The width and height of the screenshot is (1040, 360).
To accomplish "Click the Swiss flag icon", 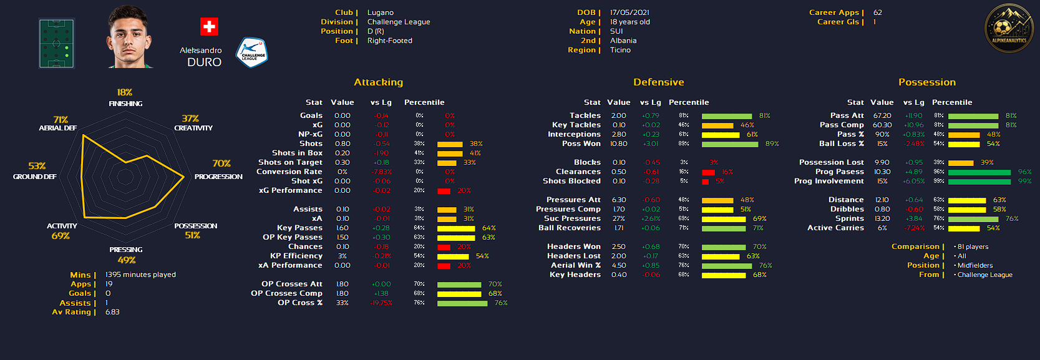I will [209, 27].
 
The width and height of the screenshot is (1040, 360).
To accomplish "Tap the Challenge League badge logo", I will [251, 53].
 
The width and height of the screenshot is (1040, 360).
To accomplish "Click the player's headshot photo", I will [130, 37].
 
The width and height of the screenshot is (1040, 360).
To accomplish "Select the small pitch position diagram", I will [57, 43].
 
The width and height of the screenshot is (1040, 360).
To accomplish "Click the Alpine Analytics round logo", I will [1008, 29].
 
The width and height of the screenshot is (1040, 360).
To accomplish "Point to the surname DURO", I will [205, 62].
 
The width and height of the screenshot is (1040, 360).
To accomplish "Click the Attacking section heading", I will [378, 82].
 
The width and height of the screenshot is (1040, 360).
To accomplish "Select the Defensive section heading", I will [658, 82].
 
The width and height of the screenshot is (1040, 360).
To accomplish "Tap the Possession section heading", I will [926, 82].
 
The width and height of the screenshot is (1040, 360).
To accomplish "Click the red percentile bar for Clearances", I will [708, 172].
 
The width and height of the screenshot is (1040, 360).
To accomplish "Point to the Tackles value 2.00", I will [618, 115].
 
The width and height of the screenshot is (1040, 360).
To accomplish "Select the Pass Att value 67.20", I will [882, 115].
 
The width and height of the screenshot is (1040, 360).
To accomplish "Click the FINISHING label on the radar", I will [125, 104].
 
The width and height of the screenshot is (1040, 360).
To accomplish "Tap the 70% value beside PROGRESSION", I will [221, 163].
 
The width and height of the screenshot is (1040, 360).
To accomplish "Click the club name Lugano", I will [381, 12].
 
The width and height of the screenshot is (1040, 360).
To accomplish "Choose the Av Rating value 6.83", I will [112, 312].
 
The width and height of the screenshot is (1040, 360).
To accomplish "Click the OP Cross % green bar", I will [462, 303].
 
